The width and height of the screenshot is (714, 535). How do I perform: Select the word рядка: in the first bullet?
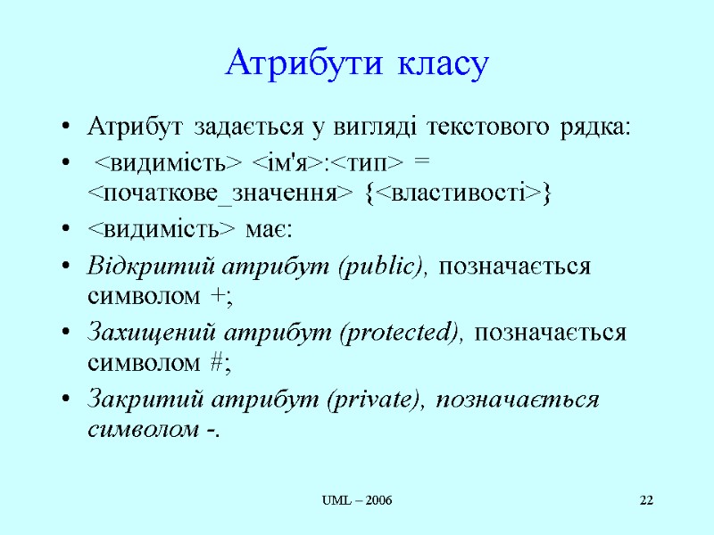click(x=595, y=128)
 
